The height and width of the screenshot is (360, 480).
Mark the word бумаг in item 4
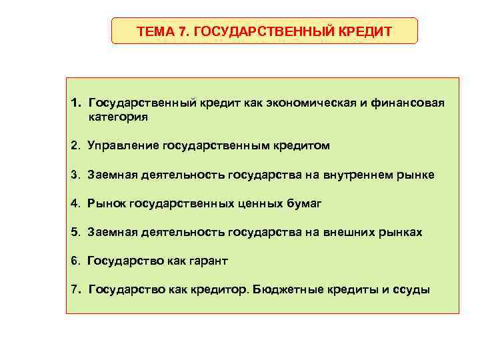tap(305, 203)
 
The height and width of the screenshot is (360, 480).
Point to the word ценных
tap(261, 203)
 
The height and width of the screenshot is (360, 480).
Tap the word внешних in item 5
tap(349, 232)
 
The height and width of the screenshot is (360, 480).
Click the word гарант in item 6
tap(207, 261)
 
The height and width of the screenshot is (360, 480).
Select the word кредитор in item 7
tap(221, 290)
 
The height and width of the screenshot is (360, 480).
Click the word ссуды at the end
tap(414, 290)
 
